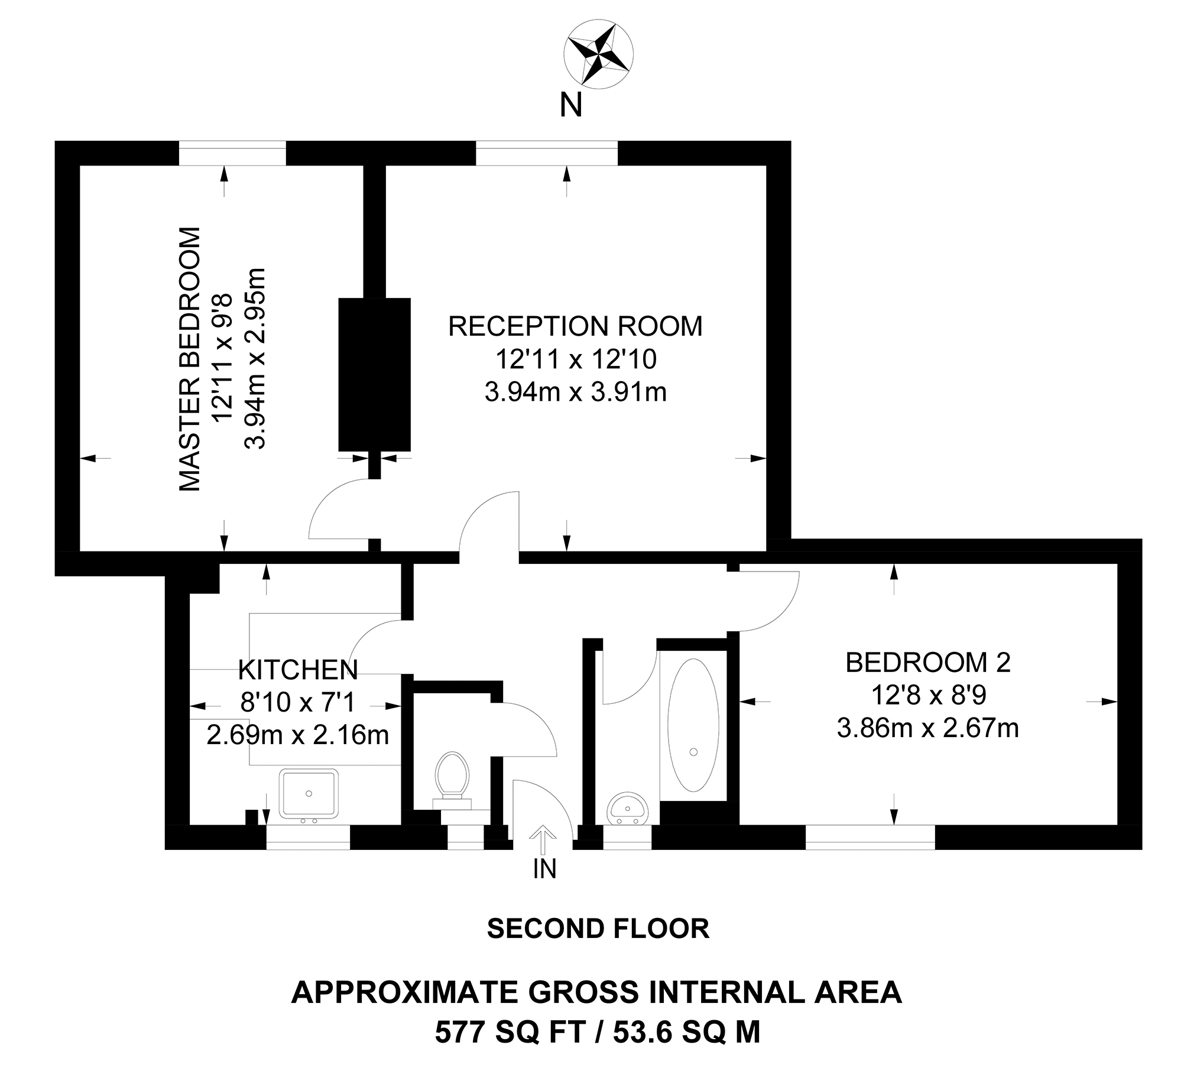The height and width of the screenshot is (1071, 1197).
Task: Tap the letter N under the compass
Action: pyautogui.click(x=570, y=106)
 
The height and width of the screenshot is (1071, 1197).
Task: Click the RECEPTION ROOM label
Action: pyautogui.click(x=575, y=326)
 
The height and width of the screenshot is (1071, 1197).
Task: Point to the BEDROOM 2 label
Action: pyautogui.click(x=927, y=663)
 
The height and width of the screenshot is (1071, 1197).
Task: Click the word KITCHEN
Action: pyautogui.click(x=298, y=670)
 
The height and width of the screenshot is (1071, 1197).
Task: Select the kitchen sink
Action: pyautogui.click(x=309, y=793)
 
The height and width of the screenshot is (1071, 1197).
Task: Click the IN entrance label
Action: pyautogui.click(x=544, y=869)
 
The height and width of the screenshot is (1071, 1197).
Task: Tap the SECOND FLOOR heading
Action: pyautogui.click(x=598, y=929)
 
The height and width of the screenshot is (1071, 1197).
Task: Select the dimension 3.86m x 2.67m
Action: pyautogui.click(x=927, y=728)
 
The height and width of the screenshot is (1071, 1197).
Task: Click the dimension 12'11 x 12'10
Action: pyautogui.click(x=575, y=359)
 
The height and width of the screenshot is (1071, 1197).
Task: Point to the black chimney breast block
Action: pyautogui.click(x=374, y=374)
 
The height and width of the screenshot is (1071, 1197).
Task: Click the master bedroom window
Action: pyautogui.click(x=232, y=153)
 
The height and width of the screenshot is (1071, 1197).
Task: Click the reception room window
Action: pyautogui.click(x=546, y=153)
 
